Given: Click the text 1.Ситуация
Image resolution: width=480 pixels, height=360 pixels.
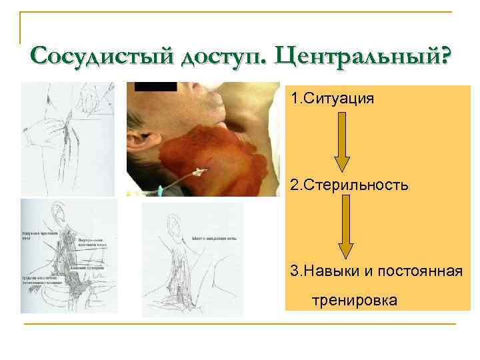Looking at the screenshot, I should tap(332, 99).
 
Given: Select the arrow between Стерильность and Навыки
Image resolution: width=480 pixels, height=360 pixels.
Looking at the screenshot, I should tap(346, 227).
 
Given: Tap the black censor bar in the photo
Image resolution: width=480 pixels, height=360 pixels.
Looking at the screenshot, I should tap(155, 86).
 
